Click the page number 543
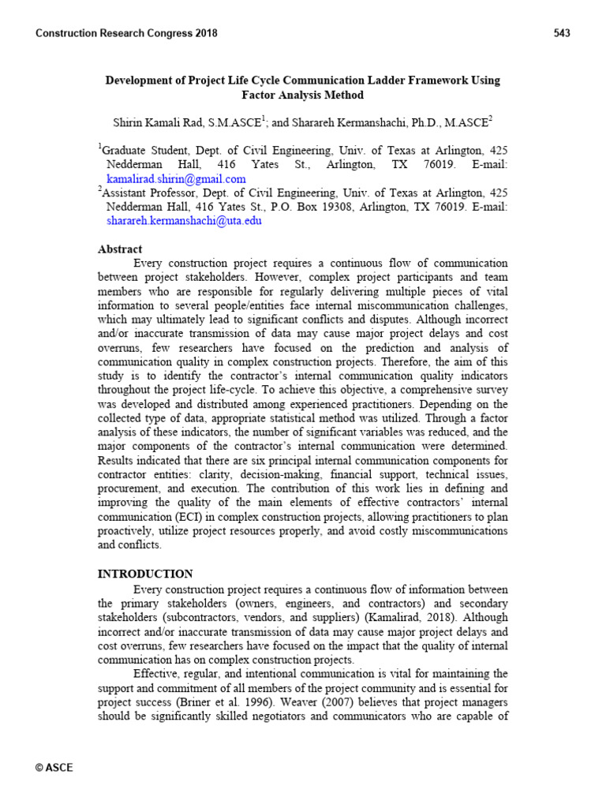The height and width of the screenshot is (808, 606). (562, 33)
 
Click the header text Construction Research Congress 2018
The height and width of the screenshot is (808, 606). (127, 33)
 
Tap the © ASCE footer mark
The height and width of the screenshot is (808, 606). (54, 767)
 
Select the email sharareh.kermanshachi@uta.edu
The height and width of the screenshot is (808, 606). (183, 221)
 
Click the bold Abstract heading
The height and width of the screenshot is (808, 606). (120, 249)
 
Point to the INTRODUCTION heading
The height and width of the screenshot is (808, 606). (144, 574)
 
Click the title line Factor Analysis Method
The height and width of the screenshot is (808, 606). (303, 95)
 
